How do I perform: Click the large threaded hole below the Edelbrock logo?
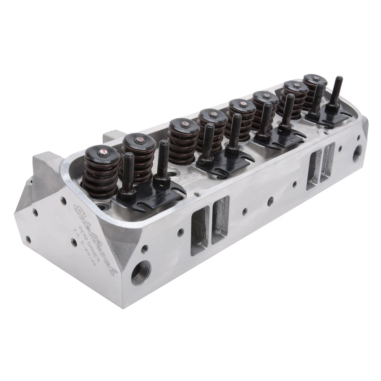click(x=141, y=273)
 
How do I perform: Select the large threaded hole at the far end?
click(x=357, y=153)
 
